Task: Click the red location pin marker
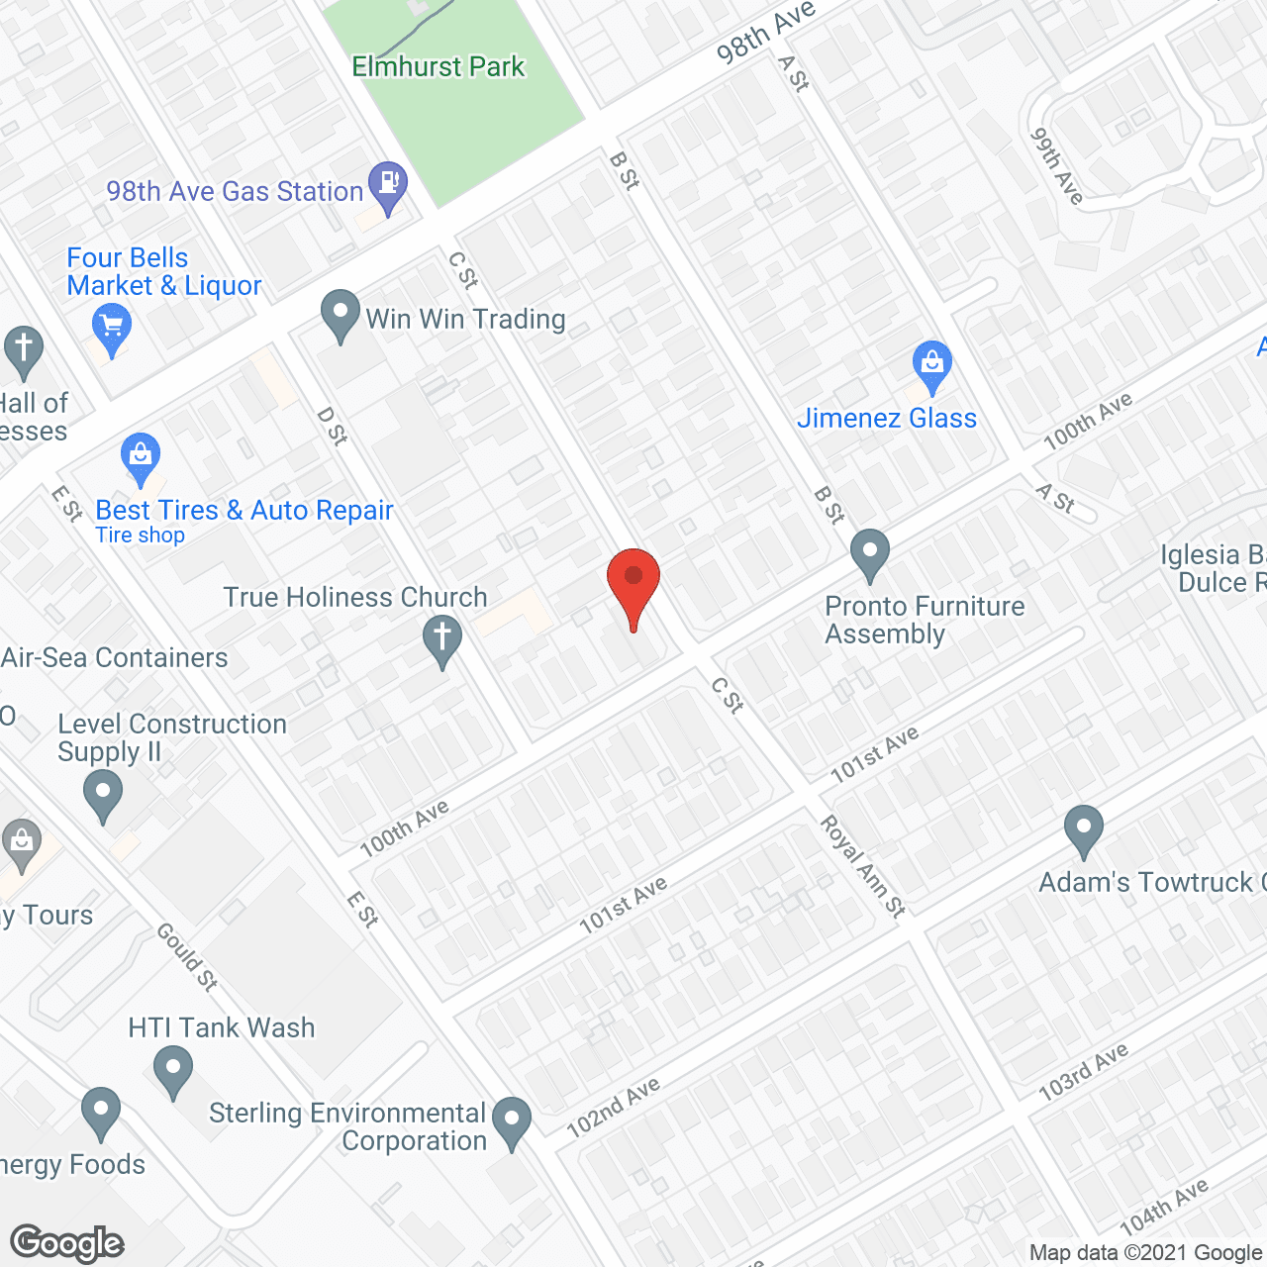[x=633, y=584]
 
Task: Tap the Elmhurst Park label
[x=439, y=67]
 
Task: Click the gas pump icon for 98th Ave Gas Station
[x=387, y=184]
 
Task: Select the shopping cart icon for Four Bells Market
[x=112, y=327]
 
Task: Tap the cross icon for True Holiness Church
[x=442, y=638]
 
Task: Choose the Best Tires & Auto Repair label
[x=244, y=511]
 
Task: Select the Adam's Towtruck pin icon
[x=1084, y=828]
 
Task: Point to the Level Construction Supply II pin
[x=103, y=794]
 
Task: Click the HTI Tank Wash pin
[x=173, y=1071]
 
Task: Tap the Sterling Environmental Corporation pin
[x=512, y=1121]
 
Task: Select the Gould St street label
[x=187, y=957]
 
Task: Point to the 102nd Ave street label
[x=613, y=1108]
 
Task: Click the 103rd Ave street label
[x=1083, y=1072]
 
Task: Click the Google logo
[x=67, y=1243]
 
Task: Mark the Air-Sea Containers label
[x=115, y=658]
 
